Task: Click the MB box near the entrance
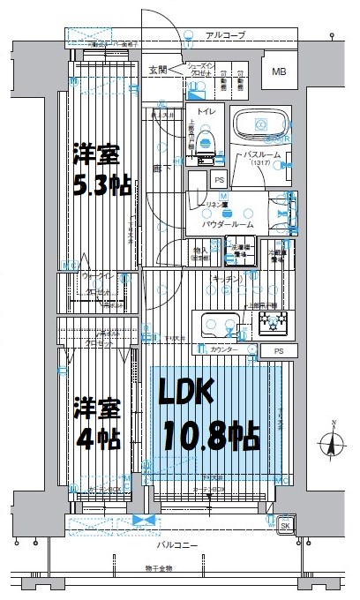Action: click(x=279, y=71)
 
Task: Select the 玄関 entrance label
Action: click(x=158, y=68)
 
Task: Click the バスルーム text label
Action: click(x=264, y=154)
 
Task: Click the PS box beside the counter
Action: click(x=279, y=351)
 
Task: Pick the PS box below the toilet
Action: click(x=219, y=180)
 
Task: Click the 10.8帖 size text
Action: click(x=209, y=435)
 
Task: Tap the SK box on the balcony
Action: click(x=285, y=526)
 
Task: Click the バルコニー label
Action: click(x=176, y=546)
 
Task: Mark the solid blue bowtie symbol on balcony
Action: click(x=138, y=521)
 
